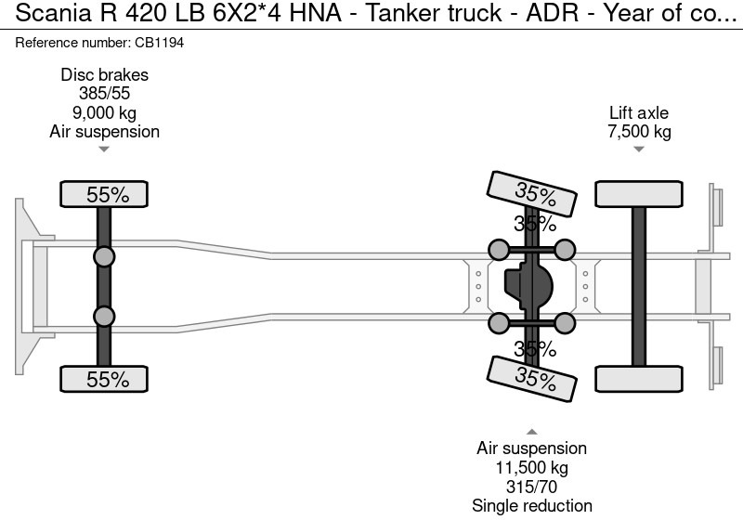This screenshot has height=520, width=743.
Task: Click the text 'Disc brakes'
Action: click(104, 75)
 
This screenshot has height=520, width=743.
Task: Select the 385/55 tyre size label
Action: click(104, 94)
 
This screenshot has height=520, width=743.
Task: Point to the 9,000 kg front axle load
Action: click(104, 112)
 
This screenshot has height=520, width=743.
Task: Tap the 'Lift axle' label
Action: click(638, 113)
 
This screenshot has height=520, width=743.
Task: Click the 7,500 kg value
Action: click(638, 132)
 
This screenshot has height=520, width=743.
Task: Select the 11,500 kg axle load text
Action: click(531, 468)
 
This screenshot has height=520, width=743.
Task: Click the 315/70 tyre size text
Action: click(531, 487)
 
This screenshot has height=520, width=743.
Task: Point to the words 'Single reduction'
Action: click(531, 506)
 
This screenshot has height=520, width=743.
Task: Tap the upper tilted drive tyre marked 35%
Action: click(533, 195)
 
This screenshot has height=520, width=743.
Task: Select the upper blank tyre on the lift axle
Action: click(639, 194)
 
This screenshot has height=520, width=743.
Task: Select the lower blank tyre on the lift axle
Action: click(639, 379)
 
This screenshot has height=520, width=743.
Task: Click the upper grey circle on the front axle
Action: click(104, 257)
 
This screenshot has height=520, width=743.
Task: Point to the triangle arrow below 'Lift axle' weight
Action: click(638, 149)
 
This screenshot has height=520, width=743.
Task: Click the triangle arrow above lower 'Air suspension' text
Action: click(531, 432)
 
